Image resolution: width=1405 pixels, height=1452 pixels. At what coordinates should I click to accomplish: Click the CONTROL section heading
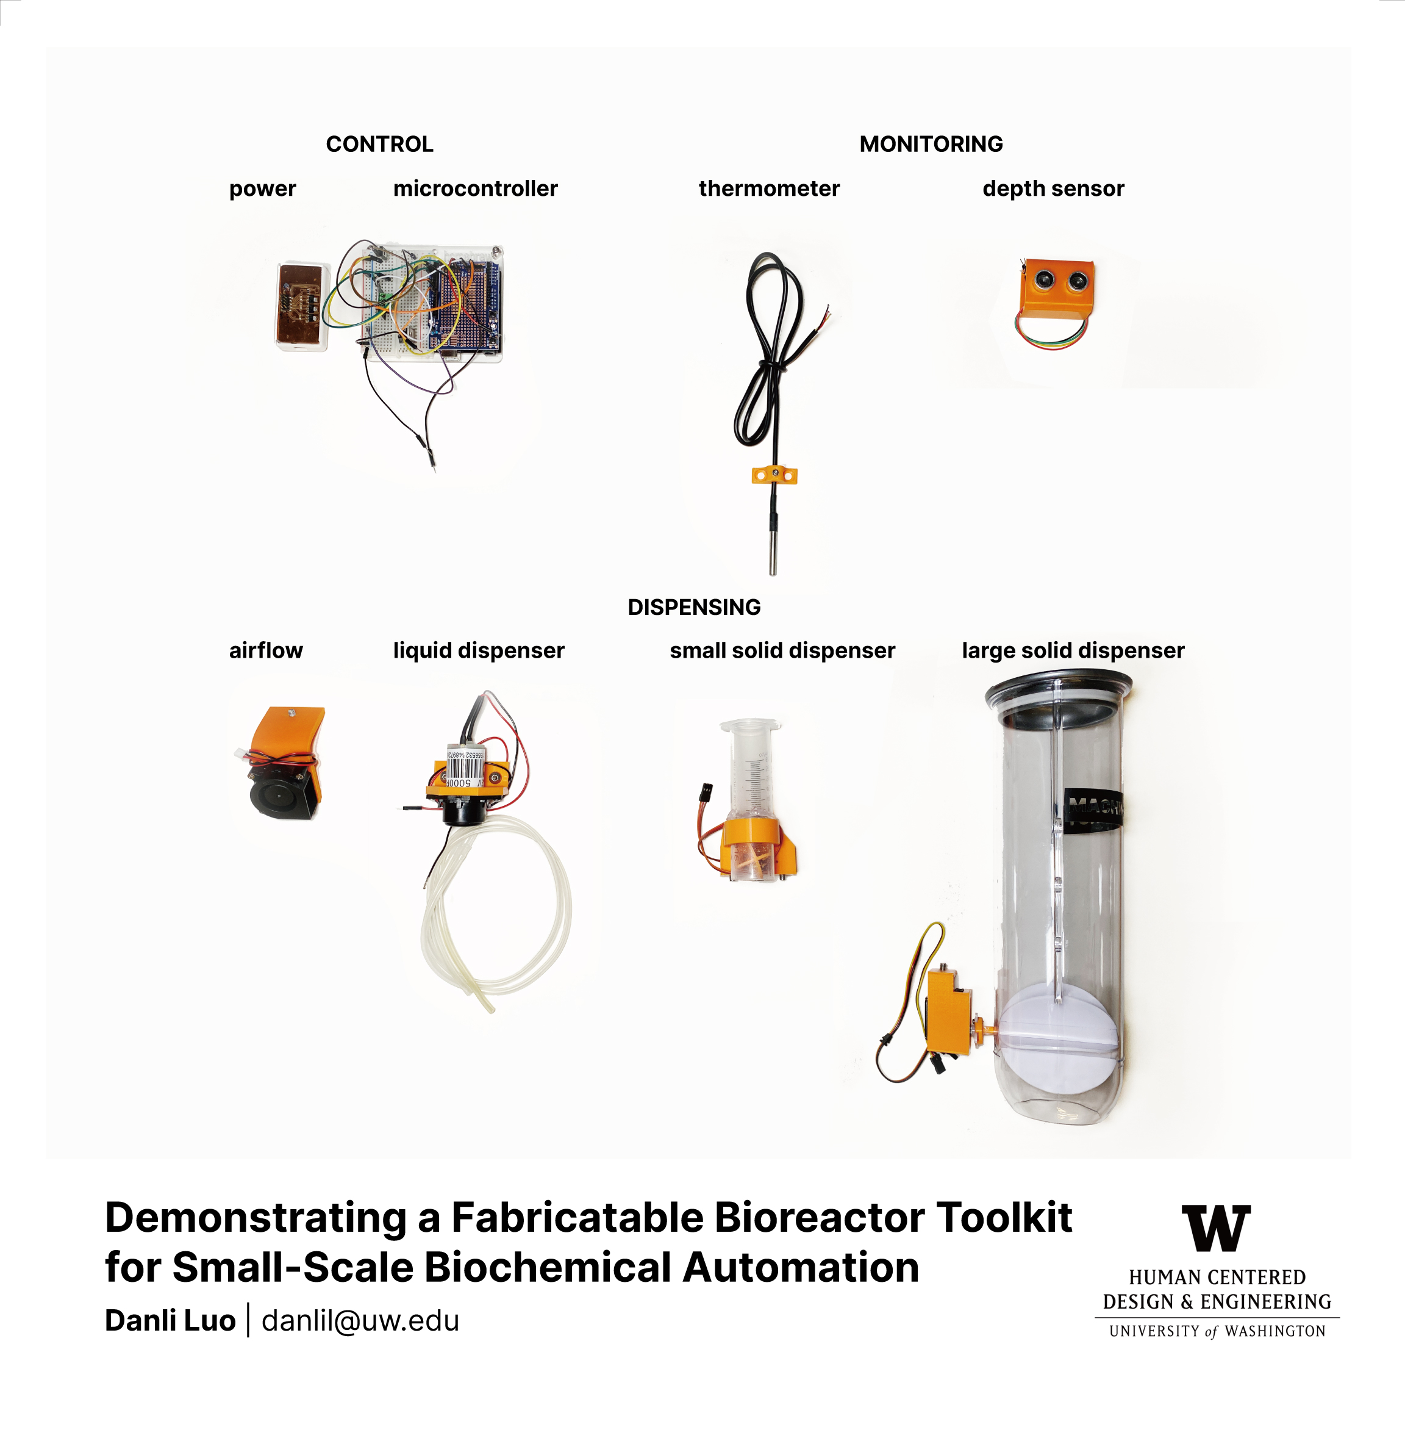coord(379,144)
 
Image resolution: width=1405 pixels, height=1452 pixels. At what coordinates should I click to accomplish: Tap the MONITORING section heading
coord(931,144)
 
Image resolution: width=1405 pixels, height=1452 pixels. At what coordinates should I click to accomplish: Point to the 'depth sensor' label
coord(1053,189)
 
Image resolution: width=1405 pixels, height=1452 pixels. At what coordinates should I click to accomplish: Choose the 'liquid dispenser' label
coord(479,650)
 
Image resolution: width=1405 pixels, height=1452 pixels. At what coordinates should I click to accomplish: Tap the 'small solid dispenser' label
coord(782,650)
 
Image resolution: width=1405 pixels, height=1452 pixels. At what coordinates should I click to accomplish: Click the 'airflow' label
coord(266,650)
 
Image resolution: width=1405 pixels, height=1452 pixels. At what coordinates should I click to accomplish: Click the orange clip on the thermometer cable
coord(774,475)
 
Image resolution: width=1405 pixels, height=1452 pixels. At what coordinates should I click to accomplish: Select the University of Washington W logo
coord(1216,1227)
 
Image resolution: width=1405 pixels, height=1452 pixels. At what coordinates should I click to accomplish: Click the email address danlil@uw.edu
coord(360,1320)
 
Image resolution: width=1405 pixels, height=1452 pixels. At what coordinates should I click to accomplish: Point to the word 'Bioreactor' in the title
coord(819,1217)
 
